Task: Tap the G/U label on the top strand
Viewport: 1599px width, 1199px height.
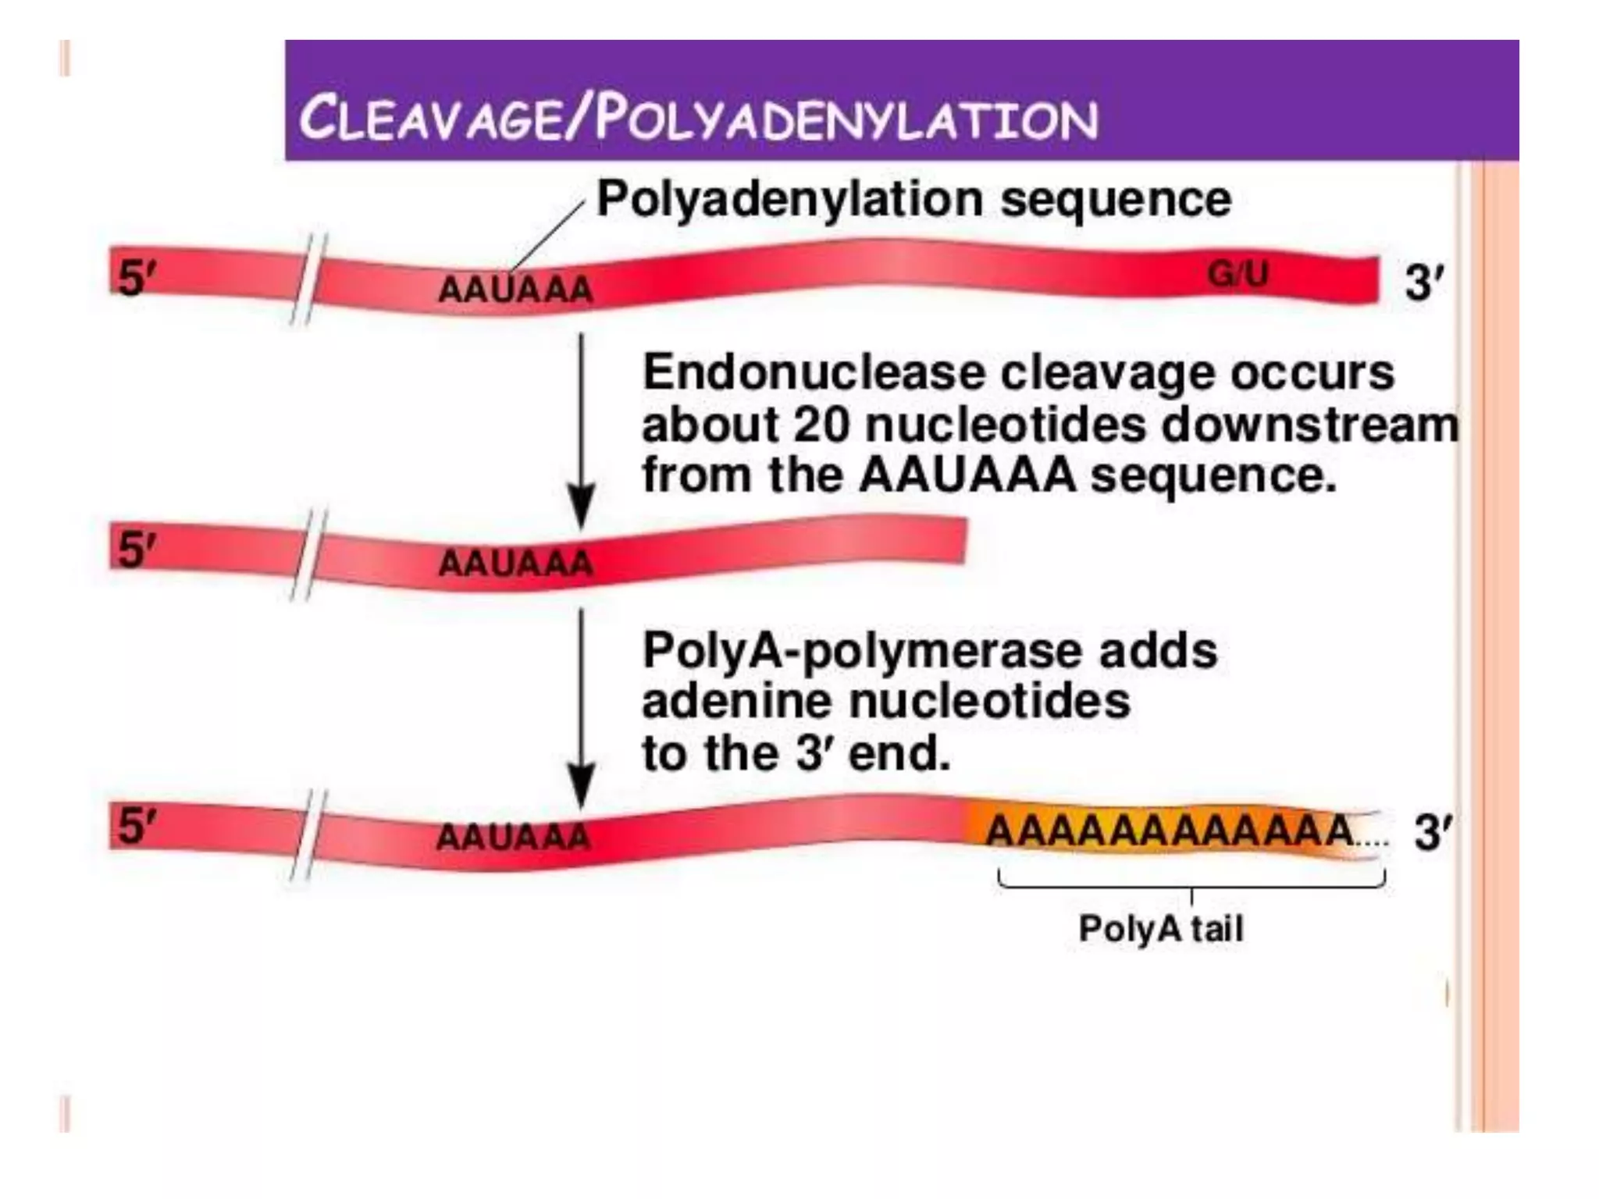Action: click(1238, 274)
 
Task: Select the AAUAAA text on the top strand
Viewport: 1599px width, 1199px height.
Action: click(515, 290)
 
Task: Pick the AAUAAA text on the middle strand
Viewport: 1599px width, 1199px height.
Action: click(515, 563)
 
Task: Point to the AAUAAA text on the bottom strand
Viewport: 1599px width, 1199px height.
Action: click(513, 838)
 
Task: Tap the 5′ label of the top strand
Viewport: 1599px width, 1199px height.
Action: click(132, 277)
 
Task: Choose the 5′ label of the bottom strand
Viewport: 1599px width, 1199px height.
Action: click(132, 825)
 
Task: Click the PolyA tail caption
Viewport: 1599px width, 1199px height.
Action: click(1160, 929)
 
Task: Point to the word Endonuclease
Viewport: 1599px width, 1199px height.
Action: click(814, 373)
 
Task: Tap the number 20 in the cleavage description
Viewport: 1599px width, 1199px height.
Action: click(820, 425)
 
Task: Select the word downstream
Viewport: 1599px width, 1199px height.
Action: click(1309, 425)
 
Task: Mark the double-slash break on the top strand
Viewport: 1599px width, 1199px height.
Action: click(307, 279)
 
